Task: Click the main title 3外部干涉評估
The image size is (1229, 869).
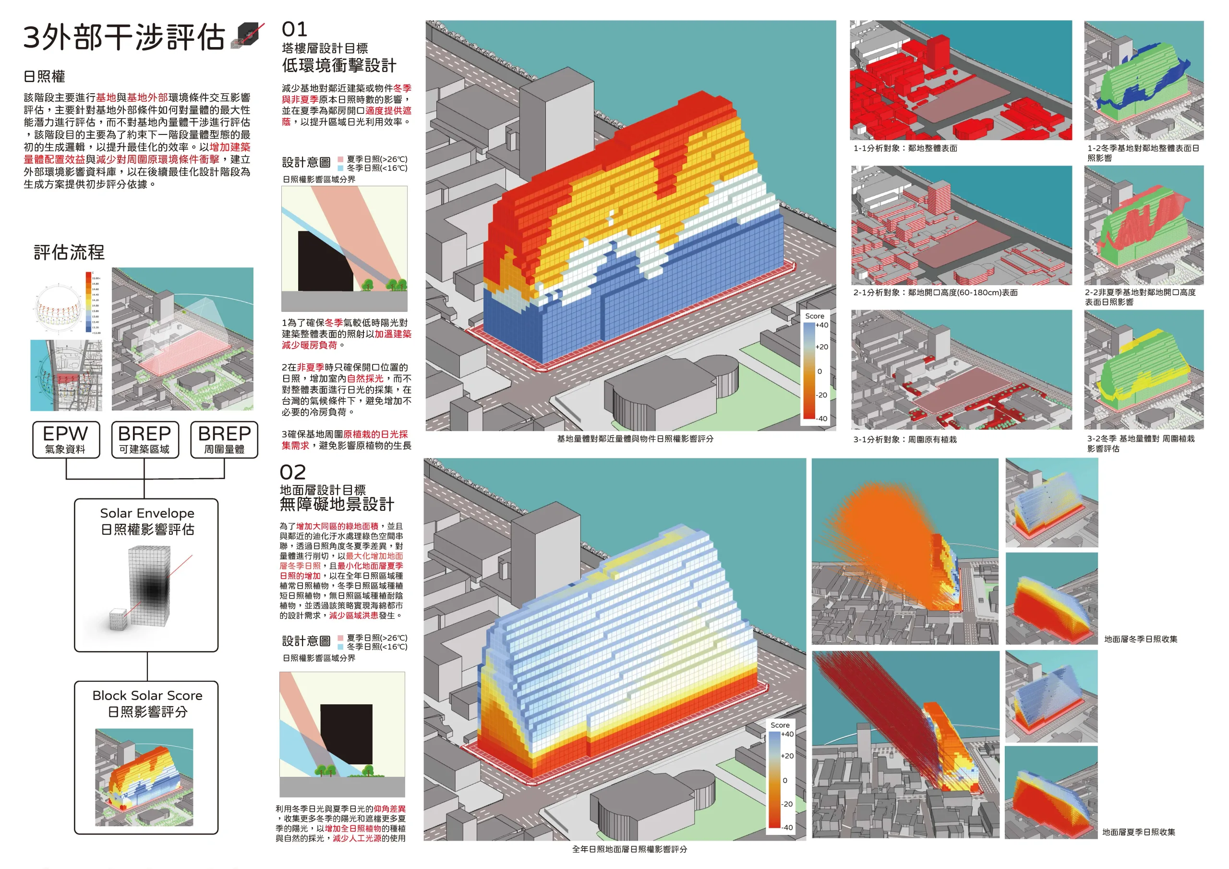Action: point(124,37)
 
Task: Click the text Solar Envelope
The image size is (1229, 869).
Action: point(147,513)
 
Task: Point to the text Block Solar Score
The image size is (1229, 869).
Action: point(147,695)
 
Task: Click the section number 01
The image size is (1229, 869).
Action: point(294,29)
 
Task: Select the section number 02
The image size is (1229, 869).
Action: point(293,472)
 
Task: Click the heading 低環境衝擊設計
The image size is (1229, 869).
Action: point(339,66)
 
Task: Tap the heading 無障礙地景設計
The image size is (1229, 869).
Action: point(337,505)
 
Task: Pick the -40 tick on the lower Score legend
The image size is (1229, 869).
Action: point(787,827)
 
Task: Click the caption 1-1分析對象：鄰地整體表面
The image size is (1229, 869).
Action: point(905,148)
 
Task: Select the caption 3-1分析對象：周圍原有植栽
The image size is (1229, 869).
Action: point(904,440)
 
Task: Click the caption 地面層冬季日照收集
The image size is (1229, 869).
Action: point(1140,639)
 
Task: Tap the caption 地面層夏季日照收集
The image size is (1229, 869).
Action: point(1139,832)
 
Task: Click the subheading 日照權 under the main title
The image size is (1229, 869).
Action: point(45,76)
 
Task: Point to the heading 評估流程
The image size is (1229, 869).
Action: point(69,252)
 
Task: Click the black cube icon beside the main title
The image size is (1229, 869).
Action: point(247,36)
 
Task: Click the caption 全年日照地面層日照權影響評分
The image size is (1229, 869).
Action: point(629,849)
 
